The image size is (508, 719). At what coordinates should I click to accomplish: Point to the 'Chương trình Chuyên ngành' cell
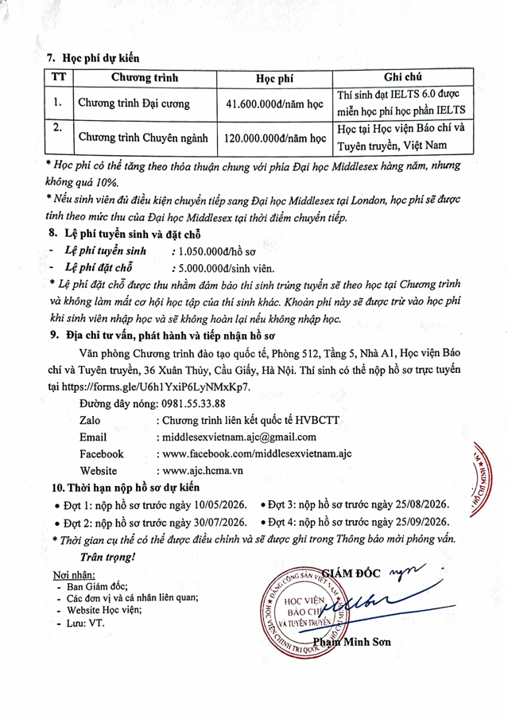coord(142,137)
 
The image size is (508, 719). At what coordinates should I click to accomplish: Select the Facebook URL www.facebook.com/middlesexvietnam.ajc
coord(254,453)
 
